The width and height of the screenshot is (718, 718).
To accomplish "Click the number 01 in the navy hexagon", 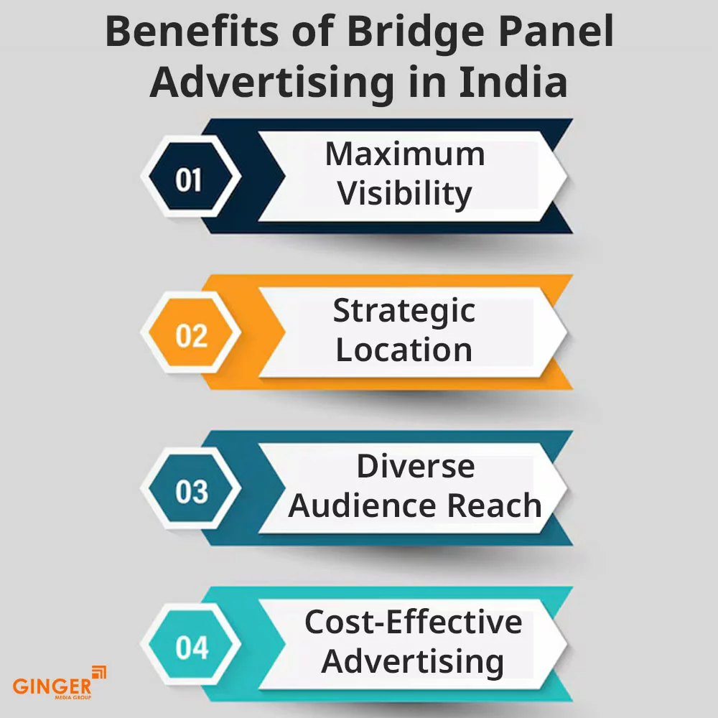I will [189, 179].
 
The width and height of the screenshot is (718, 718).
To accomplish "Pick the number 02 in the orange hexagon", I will [190, 336].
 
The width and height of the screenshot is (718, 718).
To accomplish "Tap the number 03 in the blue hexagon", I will [191, 493].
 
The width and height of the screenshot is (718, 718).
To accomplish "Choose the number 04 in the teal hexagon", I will [191, 648].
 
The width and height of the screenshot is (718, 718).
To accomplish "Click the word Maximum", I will [405, 154].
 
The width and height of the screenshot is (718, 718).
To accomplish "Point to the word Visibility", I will [405, 193].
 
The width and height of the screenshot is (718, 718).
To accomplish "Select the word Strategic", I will [404, 311].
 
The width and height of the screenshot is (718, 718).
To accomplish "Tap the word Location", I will [404, 350].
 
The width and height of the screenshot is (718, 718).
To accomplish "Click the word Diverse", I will [416, 467].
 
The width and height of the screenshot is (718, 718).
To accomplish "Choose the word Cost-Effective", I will [413, 622].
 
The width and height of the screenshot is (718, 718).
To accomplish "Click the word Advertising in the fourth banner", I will [412, 661].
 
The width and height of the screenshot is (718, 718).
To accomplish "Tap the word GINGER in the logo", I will [52, 686].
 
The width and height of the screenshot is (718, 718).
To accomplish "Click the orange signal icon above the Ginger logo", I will [99, 672].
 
